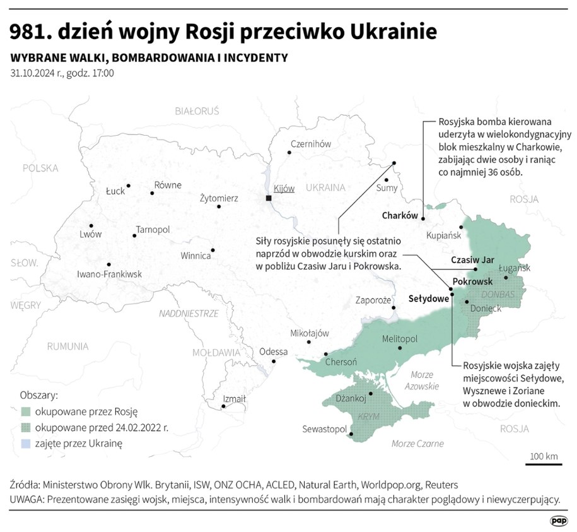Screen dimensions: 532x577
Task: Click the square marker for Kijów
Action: point(269,198)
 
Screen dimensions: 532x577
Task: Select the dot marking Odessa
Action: point(274,362)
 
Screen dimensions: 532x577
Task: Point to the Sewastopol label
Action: point(325,429)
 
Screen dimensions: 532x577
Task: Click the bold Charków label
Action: point(400,215)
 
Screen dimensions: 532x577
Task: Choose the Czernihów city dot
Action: point(289,152)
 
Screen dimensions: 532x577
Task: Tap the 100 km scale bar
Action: point(543,464)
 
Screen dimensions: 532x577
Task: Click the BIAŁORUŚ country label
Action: point(197,111)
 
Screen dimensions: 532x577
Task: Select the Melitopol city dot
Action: point(400,348)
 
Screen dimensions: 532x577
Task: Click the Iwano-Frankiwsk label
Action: point(109,275)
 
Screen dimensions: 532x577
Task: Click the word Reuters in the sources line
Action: point(441,485)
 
